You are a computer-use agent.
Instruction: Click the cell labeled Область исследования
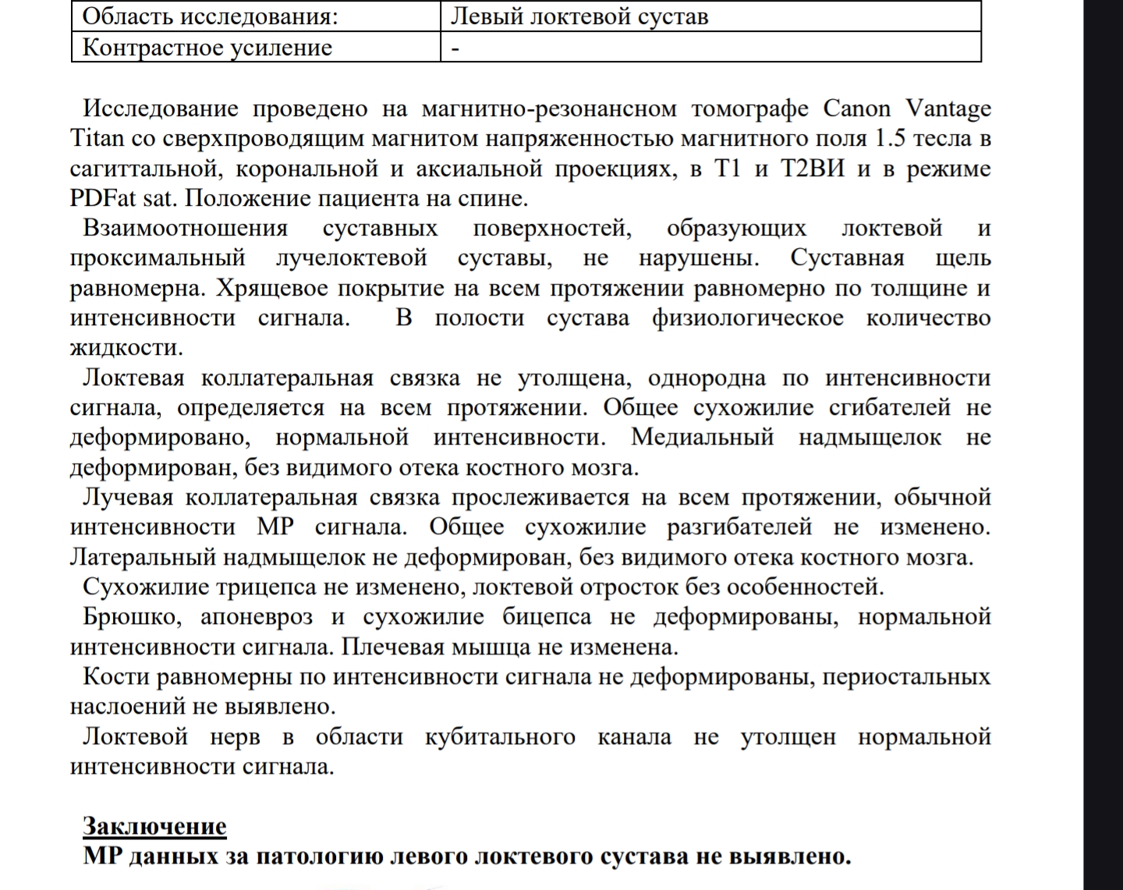pos(211,16)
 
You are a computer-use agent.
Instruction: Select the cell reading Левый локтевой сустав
pos(580,16)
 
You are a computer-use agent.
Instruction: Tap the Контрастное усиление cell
pos(207,48)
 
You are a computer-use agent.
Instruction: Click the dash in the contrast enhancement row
pos(455,48)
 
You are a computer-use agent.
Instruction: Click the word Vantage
pos(948,108)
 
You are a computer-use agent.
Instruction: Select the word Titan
pos(97,139)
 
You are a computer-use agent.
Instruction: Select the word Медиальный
pos(702,437)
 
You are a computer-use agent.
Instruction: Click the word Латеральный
pos(143,558)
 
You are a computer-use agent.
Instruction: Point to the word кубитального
pos(500,737)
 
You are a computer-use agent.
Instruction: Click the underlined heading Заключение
pos(154,826)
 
